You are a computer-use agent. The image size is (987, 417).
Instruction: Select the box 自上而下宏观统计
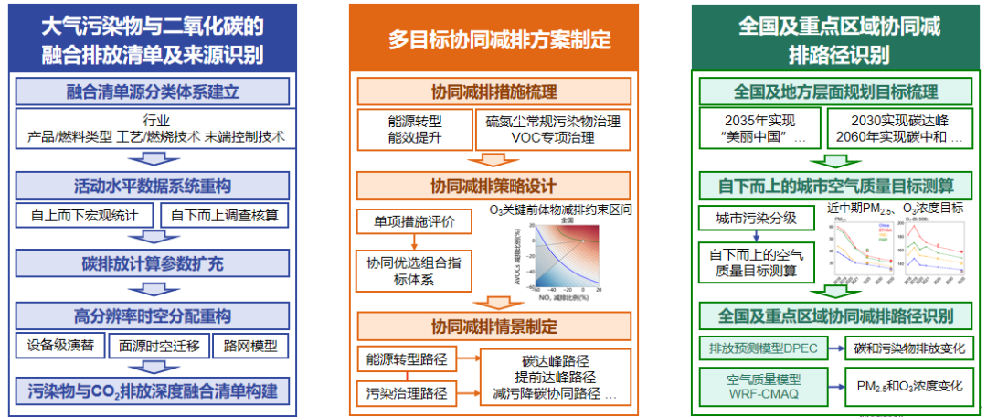click(86, 216)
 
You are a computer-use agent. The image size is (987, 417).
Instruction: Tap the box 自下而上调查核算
click(225, 216)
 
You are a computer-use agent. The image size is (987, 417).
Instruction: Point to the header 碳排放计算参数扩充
click(158, 265)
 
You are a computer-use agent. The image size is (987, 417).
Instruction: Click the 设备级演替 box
click(59, 347)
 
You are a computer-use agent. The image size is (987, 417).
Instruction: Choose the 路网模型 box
click(249, 347)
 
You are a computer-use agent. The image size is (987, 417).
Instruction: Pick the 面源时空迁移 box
click(158, 347)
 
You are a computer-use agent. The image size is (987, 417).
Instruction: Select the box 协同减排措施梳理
click(493, 91)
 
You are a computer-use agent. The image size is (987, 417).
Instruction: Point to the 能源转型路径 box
click(405, 359)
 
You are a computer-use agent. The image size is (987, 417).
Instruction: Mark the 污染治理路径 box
click(405, 393)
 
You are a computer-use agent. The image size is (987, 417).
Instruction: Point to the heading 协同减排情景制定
click(493, 326)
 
